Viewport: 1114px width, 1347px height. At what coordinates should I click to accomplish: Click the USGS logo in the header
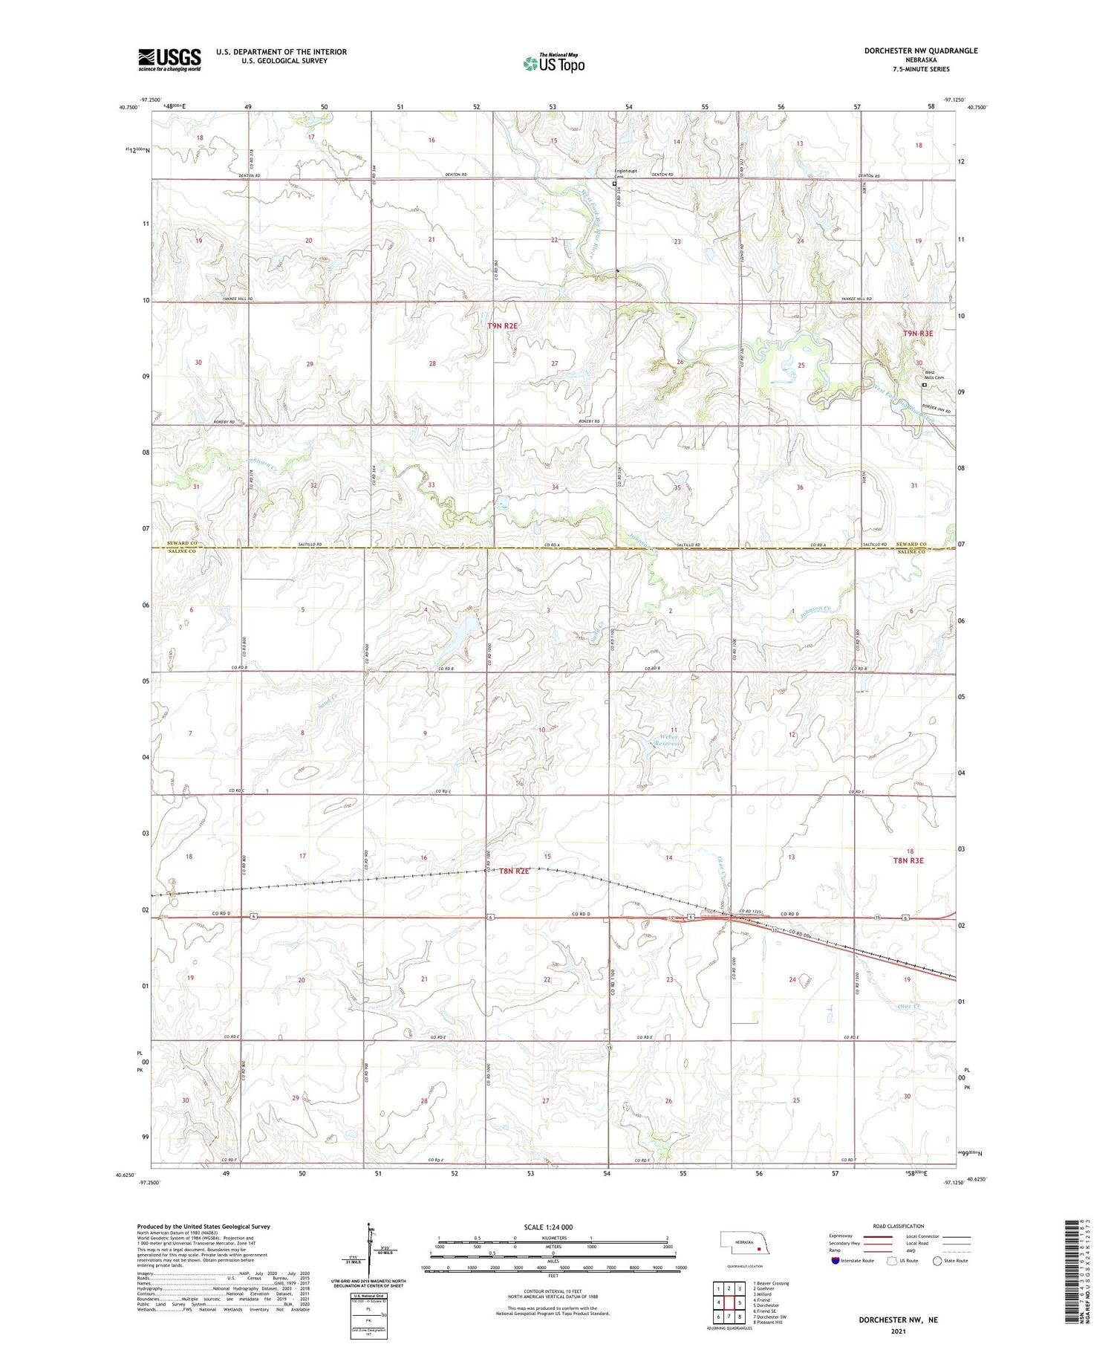169,59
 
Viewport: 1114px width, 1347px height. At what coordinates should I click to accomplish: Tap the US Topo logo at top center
554,63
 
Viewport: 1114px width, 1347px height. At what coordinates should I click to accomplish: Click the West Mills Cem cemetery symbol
925,386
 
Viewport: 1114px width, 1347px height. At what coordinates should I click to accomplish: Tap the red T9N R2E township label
502,326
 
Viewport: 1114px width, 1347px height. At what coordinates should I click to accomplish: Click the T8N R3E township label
908,860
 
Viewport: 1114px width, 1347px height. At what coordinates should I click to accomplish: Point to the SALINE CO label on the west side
181,551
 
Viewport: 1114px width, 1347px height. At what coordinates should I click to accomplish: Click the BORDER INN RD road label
937,411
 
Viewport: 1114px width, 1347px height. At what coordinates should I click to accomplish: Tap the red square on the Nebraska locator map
758,1248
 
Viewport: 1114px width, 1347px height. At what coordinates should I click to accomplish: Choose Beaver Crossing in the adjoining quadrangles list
771,1283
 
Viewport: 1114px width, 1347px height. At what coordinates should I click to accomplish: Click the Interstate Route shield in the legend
835,1260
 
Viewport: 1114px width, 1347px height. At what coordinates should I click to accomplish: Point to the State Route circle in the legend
937,1260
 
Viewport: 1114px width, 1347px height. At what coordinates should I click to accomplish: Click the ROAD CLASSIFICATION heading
898,1226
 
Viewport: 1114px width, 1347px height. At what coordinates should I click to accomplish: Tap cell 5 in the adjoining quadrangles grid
740,1302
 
